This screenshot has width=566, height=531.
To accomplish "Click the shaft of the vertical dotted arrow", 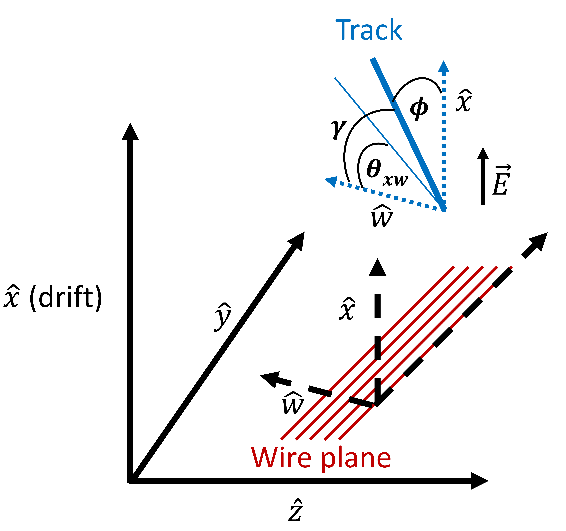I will pyautogui.click(x=443, y=137).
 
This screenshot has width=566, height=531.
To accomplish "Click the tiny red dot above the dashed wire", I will pyautogui.click(x=511, y=267).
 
